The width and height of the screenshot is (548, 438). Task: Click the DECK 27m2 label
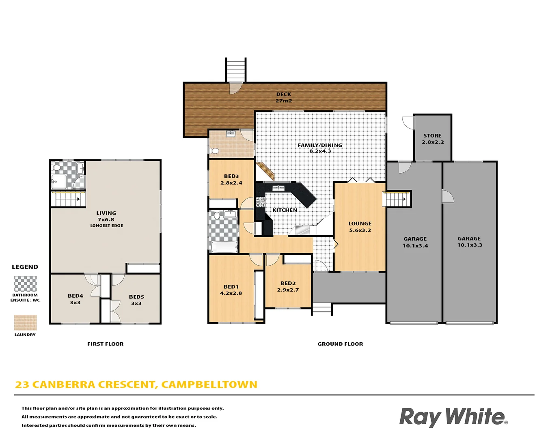pos(284,97)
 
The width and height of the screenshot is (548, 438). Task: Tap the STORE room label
pos(432,136)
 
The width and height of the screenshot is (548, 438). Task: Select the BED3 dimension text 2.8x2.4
pos(231,183)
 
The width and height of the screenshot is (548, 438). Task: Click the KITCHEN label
pos(285,210)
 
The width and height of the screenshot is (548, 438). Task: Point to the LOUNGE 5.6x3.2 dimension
pos(360,230)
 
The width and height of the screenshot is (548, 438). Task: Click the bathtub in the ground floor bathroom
pos(224,247)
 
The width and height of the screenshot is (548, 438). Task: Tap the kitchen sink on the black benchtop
pos(278,188)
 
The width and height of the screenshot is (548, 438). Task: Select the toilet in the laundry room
pos(215,151)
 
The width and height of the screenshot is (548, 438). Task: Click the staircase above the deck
pos(236,70)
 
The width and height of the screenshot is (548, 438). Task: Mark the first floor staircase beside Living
pos(67,199)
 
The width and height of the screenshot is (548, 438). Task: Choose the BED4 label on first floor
pos(76,296)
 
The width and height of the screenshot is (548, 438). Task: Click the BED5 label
pos(136,297)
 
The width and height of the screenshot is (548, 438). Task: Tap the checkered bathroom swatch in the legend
pos(25,284)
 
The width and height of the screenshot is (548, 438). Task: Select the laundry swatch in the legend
pos(25,322)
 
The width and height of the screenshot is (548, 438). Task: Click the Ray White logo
pos(453,417)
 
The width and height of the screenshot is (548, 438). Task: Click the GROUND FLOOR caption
pos(340,344)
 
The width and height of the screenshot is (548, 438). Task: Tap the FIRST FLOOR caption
pos(105,344)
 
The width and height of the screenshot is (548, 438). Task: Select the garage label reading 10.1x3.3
pos(470,245)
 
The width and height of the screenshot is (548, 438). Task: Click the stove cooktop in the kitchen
pos(261,202)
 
